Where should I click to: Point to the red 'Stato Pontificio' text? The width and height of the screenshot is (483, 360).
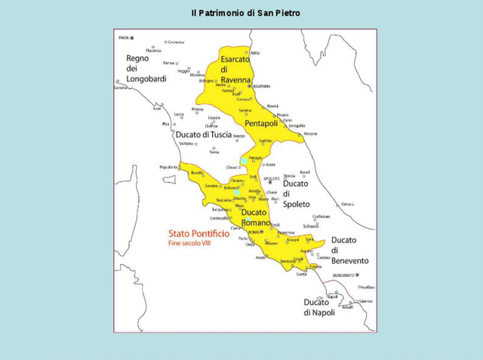point(198,235)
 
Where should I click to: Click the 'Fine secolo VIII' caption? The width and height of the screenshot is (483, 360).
point(189,244)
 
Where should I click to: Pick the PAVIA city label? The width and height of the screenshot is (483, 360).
point(123,37)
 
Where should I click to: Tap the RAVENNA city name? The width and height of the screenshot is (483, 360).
point(261,86)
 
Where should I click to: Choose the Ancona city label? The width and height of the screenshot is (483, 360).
point(310,134)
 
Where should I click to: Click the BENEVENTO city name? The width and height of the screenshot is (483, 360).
point(343,275)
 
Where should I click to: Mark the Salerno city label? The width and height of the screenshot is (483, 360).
point(365,301)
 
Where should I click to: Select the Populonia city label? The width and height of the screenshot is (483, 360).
point(168,167)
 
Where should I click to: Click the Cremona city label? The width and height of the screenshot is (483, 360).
point(176,42)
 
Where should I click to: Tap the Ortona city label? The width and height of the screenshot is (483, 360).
point(347,205)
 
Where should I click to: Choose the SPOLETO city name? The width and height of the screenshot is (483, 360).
point(271,178)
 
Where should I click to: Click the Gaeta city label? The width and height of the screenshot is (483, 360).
point(302,274)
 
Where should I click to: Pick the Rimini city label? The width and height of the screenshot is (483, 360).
point(273,106)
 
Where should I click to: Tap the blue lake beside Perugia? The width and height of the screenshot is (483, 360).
point(245,161)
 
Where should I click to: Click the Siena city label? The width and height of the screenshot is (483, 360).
point(214,152)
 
